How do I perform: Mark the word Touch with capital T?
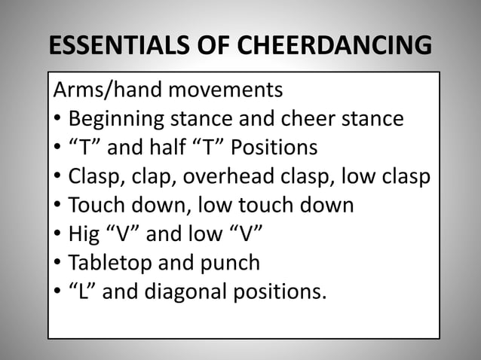tap(95, 205)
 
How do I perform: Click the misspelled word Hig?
tap(84, 233)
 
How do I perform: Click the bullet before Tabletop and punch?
tap(58, 264)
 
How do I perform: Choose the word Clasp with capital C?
tap(93, 176)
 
